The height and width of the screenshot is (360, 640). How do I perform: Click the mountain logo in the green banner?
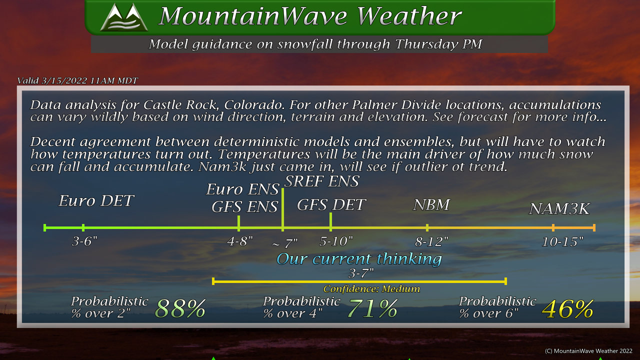point(124,17)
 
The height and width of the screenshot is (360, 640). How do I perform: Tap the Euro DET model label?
point(96,200)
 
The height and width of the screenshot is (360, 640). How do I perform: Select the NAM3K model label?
point(559,208)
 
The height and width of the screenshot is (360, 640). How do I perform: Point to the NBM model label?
point(431,204)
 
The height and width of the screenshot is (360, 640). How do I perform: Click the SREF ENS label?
point(322,181)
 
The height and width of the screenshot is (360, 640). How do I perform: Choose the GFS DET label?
point(331,204)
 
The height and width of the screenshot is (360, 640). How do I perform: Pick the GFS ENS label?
point(244,206)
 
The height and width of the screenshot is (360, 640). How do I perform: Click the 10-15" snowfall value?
point(562,242)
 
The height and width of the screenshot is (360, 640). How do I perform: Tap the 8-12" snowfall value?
point(431,242)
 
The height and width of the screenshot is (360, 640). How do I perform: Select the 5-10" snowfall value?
point(336,241)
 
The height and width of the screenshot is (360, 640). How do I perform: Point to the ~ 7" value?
point(285,243)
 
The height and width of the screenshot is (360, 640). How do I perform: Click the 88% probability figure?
point(180,308)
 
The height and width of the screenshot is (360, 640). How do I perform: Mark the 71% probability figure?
point(372,308)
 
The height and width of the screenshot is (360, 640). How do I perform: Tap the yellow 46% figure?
point(567,309)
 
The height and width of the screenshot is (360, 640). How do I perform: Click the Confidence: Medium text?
point(371,289)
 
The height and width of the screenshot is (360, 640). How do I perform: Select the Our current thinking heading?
point(359,259)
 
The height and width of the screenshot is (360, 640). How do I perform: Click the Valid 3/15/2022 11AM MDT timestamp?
point(77,80)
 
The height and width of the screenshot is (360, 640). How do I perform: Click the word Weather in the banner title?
point(409,16)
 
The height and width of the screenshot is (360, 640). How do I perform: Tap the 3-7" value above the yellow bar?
point(361,273)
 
